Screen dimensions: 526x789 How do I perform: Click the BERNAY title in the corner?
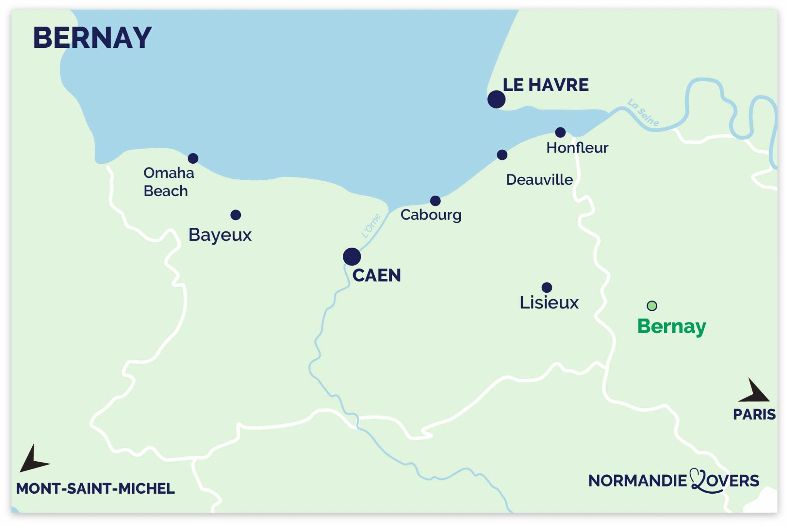(x=92, y=38)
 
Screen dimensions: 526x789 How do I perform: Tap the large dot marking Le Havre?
(x=496, y=99)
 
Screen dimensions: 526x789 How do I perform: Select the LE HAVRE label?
(x=546, y=85)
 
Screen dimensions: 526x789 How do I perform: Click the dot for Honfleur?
(x=560, y=132)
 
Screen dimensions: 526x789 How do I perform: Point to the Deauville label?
(x=539, y=180)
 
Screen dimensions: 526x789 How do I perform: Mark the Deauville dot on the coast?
(x=502, y=155)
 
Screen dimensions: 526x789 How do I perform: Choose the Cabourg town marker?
(x=435, y=201)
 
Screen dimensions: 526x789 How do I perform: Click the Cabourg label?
(x=431, y=215)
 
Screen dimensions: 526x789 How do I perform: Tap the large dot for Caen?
(x=352, y=256)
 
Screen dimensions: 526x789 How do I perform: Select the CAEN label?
(x=376, y=275)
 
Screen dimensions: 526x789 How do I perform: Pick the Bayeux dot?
(x=236, y=215)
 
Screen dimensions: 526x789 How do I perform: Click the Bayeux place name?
(x=220, y=235)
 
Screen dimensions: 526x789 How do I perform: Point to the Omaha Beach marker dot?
(x=193, y=158)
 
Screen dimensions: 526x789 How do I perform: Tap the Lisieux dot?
(x=547, y=287)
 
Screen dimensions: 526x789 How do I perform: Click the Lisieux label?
(x=549, y=303)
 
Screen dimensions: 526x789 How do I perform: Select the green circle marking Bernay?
(x=652, y=306)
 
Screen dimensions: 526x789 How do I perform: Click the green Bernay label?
(x=671, y=327)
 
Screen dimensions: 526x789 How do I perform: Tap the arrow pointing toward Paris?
(x=755, y=392)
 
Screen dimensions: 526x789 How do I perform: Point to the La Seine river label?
(x=643, y=112)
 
